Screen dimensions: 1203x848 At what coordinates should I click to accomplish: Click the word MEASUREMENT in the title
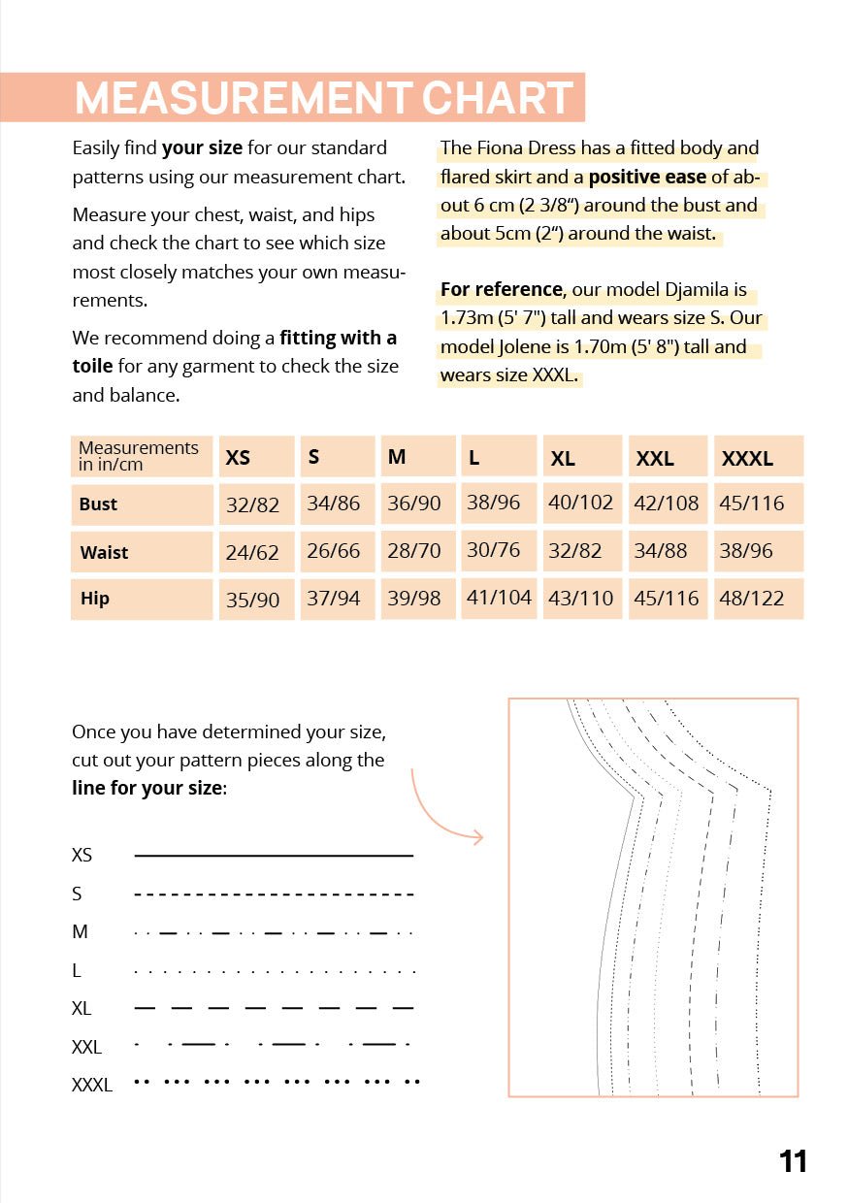click(243, 98)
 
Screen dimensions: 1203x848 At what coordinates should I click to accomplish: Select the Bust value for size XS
click(252, 504)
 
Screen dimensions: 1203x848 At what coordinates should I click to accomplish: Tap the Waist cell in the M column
click(414, 551)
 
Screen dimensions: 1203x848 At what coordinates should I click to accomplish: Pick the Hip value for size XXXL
click(751, 599)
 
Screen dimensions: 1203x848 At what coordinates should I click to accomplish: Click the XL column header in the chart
click(563, 459)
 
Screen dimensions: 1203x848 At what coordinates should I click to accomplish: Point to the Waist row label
click(104, 553)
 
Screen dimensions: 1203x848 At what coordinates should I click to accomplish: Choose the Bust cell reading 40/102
click(580, 503)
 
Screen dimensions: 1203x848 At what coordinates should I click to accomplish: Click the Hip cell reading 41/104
click(499, 598)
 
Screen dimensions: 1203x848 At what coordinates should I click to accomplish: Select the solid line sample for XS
click(274, 856)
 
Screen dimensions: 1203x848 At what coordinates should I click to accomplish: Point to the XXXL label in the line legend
click(92, 1086)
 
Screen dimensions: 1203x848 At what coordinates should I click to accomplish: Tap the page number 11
click(793, 1161)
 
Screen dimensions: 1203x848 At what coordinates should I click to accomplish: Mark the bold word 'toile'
click(92, 367)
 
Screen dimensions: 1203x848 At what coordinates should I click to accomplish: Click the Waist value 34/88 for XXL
click(660, 551)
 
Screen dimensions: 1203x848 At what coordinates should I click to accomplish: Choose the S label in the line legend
click(77, 894)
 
